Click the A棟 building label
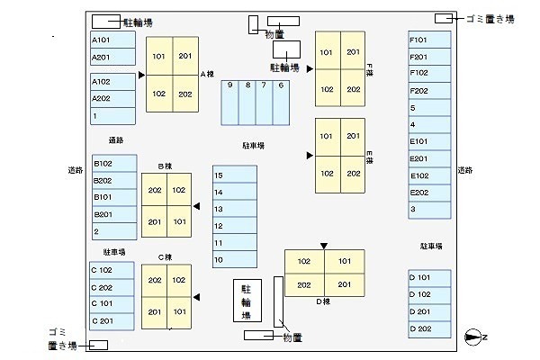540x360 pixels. [x=205, y=74]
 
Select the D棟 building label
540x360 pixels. [x=323, y=301]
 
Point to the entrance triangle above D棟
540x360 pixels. [x=324, y=244]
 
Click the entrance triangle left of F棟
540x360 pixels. [x=310, y=68]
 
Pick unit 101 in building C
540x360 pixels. [x=180, y=312]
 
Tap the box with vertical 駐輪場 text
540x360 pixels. [x=247, y=302]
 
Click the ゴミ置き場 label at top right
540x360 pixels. [x=490, y=18]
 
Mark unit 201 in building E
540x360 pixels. [x=353, y=136]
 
